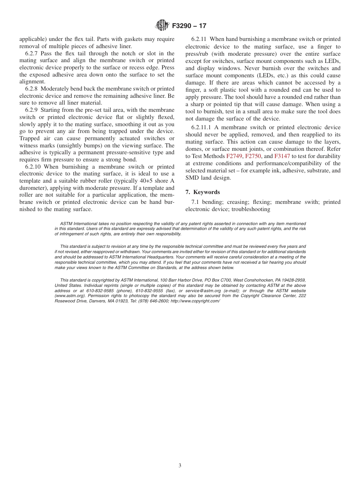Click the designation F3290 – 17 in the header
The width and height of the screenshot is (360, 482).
(189, 26)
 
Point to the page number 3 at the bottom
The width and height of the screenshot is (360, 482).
(180, 466)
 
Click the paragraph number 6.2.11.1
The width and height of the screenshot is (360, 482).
(202, 127)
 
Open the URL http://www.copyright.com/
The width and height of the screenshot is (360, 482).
(195, 301)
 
